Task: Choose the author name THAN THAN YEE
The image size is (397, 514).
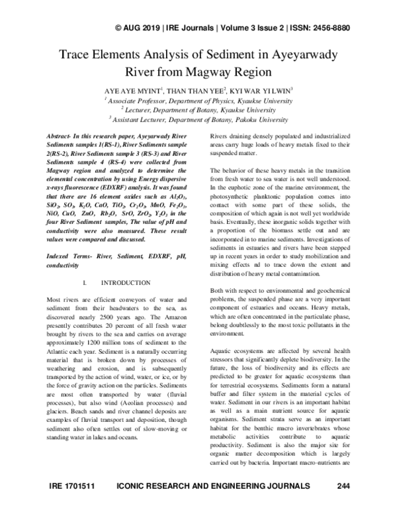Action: pyautogui.click(x=197, y=89)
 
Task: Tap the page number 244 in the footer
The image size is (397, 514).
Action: pyautogui.click(x=343, y=505)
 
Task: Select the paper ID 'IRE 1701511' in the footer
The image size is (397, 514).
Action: pyautogui.click(x=73, y=505)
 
